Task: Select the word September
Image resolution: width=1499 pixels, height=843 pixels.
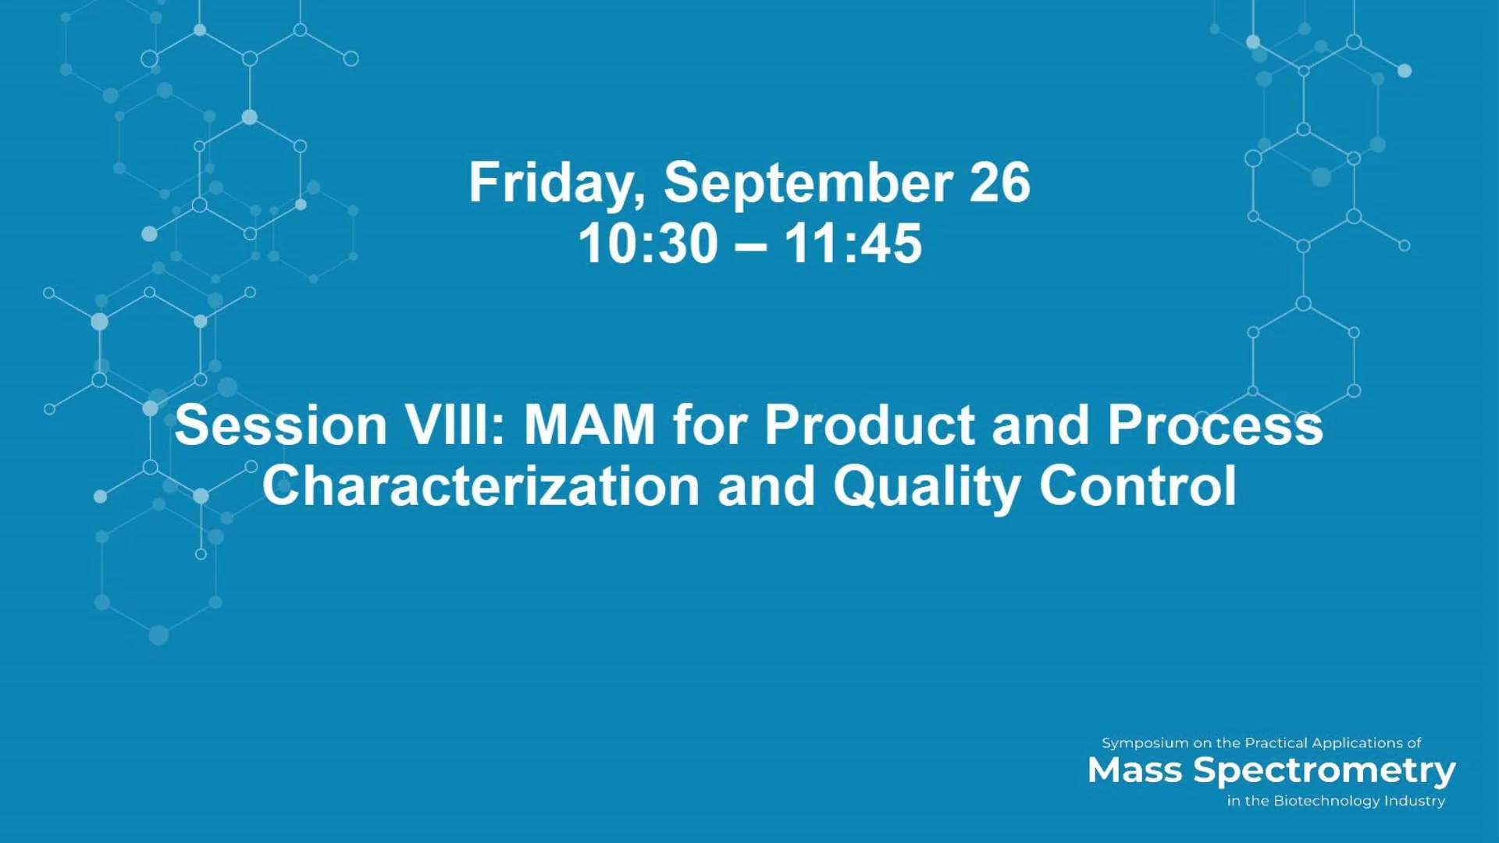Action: (x=808, y=184)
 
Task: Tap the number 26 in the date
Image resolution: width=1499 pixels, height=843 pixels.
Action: (x=1000, y=183)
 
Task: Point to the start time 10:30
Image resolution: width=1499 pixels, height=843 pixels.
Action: (x=648, y=244)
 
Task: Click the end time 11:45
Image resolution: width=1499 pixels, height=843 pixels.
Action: (x=853, y=244)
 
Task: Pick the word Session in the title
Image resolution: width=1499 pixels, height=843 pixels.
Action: (x=281, y=425)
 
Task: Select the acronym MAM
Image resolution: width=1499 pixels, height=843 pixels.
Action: (x=589, y=425)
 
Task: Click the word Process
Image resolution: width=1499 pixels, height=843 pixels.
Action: (x=1216, y=425)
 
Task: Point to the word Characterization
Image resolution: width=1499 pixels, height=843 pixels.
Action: (x=481, y=486)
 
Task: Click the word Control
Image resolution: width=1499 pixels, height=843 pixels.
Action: (x=1138, y=486)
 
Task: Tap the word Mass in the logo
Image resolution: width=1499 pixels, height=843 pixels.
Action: (x=1134, y=770)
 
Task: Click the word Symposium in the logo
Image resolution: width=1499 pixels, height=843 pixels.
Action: (x=1145, y=744)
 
